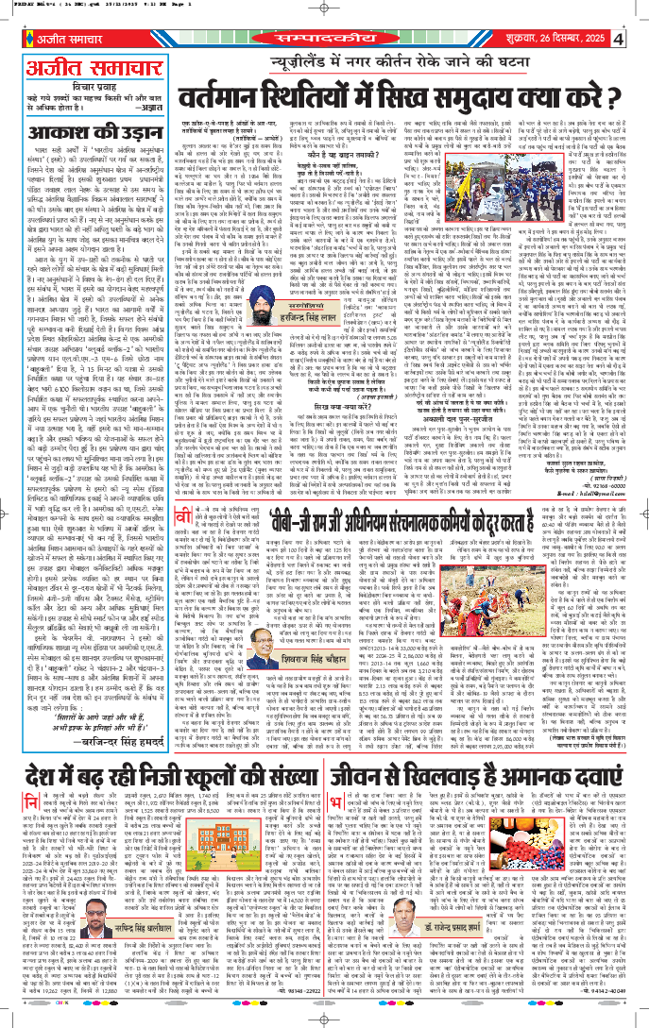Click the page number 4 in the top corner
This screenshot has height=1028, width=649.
(639, 41)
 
